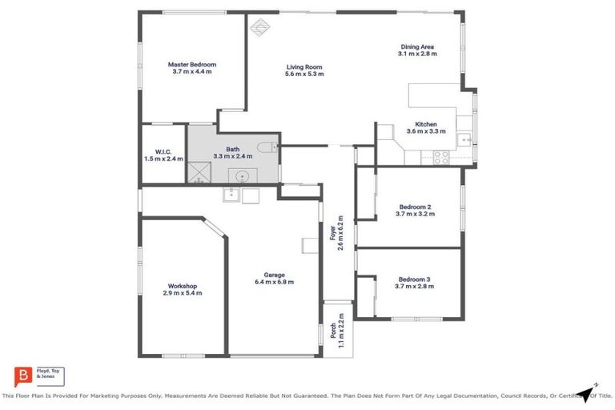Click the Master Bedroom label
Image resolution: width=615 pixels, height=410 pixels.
tap(191, 64)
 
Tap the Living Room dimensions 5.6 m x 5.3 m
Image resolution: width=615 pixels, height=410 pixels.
tap(304, 74)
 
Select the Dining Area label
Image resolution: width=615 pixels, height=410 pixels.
tap(416, 46)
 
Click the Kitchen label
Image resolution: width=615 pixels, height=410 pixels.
tap(420, 124)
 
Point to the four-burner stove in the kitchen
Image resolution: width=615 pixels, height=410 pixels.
tap(441, 158)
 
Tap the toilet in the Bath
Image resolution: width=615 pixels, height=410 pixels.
tap(270, 147)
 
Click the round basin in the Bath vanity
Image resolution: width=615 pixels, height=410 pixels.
tap(241, 176)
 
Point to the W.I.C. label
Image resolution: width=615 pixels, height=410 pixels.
tap(163, 151)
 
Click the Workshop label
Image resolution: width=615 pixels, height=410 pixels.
tap(183, 286)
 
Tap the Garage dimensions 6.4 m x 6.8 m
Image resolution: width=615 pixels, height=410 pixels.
tap(274, 282)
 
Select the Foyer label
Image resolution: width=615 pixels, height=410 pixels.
tap(332, 234)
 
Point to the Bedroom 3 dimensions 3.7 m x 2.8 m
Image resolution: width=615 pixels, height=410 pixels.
tap(416, 286)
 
